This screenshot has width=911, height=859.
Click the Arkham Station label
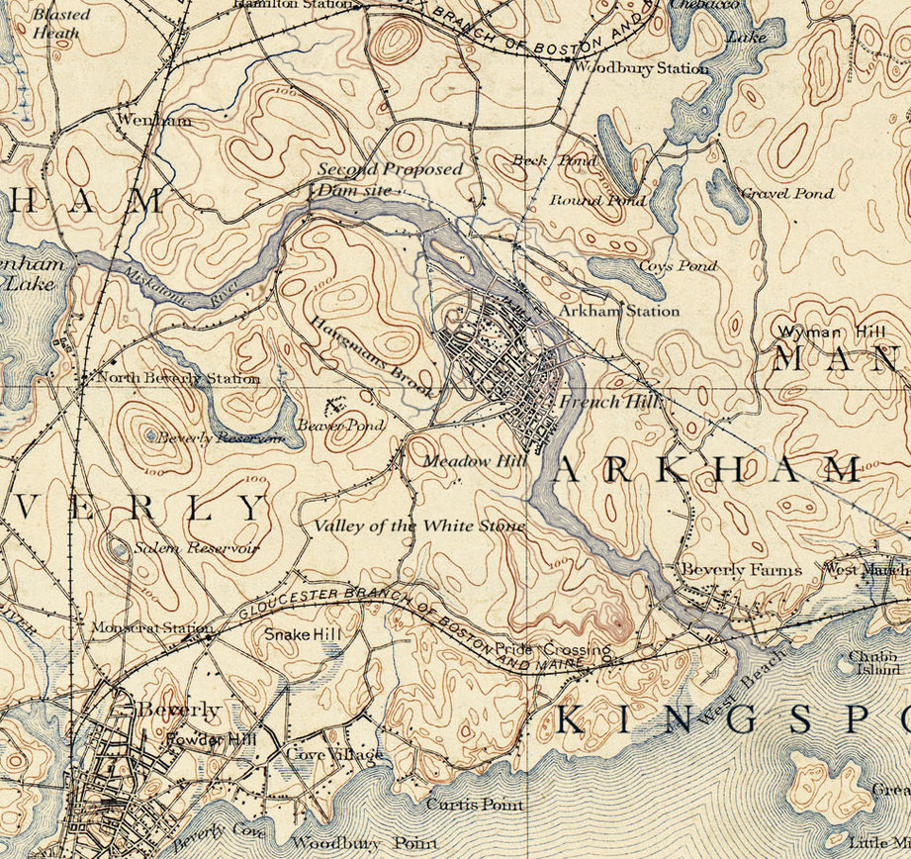619,311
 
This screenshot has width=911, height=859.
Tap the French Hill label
603,402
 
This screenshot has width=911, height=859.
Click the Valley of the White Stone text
419,525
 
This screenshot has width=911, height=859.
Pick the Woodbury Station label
641,68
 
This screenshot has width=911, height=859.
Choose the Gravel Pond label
787,194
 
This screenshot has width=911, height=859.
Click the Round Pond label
597,201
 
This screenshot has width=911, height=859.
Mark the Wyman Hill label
819,331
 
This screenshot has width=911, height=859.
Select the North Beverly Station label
178,378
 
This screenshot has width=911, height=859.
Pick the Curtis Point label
475,805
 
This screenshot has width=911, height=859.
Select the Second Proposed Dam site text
389,179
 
